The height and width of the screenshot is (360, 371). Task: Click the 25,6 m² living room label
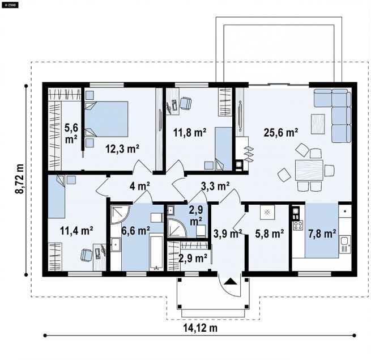[281, 132]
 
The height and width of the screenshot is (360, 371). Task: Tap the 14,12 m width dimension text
[200, 328]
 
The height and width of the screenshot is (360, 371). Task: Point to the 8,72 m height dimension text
[20, 179]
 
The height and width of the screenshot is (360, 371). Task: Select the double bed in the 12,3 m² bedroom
[106, 119]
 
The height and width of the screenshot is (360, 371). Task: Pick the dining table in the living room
[309, 170]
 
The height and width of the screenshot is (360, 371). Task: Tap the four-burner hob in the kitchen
[298, 225]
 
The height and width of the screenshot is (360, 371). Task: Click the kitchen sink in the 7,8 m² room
[344, 244]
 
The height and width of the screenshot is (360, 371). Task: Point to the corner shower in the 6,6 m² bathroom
[120, 214]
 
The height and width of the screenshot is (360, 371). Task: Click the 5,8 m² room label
[270, 234]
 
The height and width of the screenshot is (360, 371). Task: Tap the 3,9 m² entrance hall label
[228, 233]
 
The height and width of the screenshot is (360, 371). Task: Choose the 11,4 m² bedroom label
[76, 230]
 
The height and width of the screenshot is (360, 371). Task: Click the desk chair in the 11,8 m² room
[186, 104]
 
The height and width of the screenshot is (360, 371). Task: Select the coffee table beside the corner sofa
[318, 121]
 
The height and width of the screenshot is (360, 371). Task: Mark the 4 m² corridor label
[139, 186]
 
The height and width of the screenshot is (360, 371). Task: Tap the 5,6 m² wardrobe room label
[71, 133]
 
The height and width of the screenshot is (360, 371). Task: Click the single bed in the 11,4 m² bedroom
[57, 196]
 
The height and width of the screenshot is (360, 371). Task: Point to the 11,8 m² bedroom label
[190, 133]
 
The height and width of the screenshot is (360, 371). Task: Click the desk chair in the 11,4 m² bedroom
[87, 255]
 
